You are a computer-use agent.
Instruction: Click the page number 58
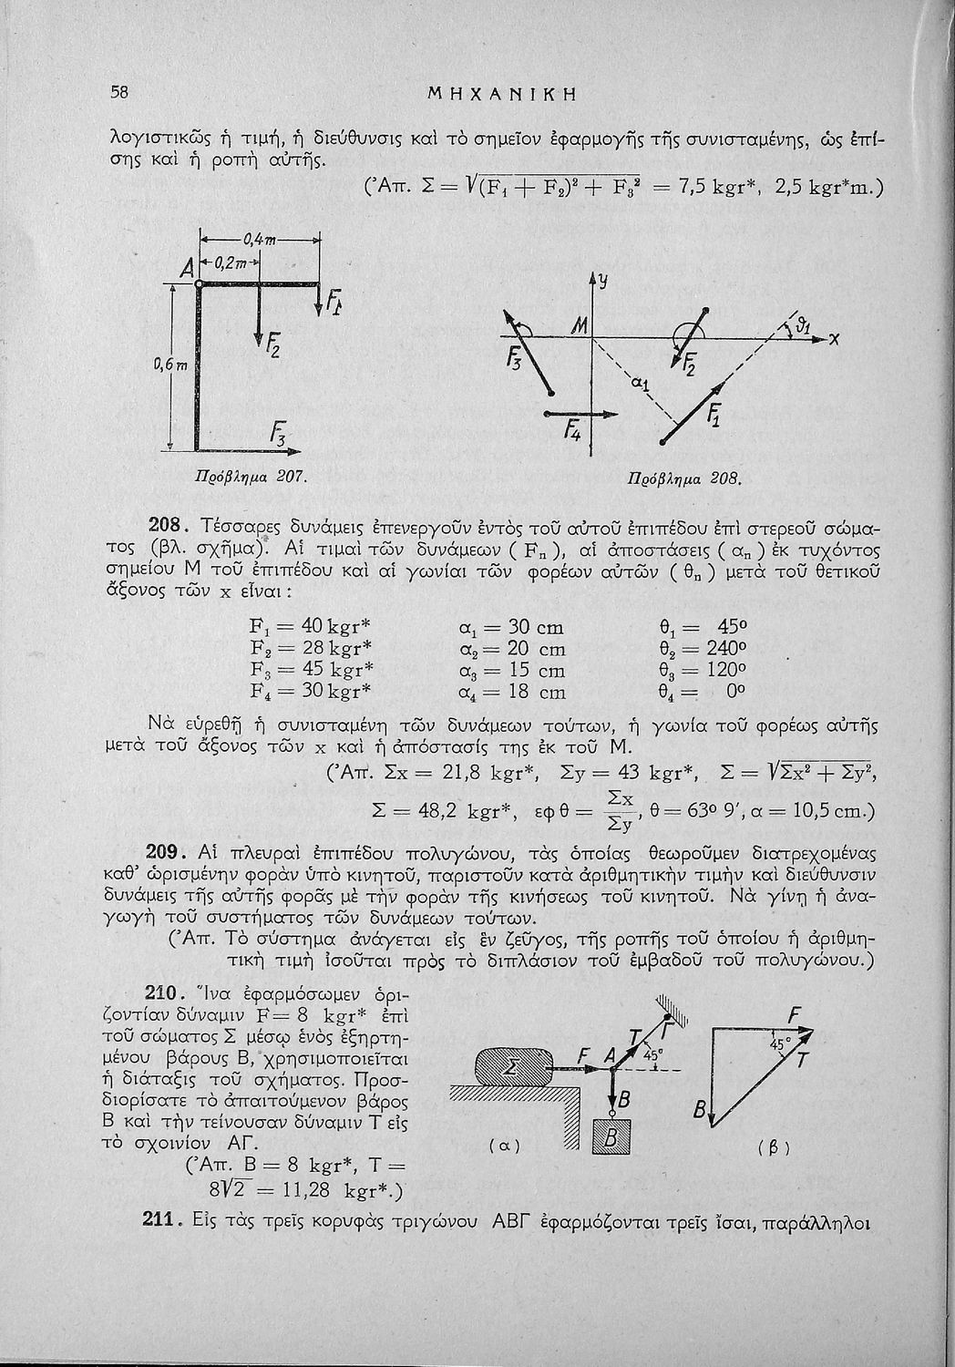[118, 92]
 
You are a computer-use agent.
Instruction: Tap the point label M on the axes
[579, 324]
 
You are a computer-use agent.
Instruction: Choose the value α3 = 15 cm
[516, 671]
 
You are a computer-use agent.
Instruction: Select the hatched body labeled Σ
[511, 1064]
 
